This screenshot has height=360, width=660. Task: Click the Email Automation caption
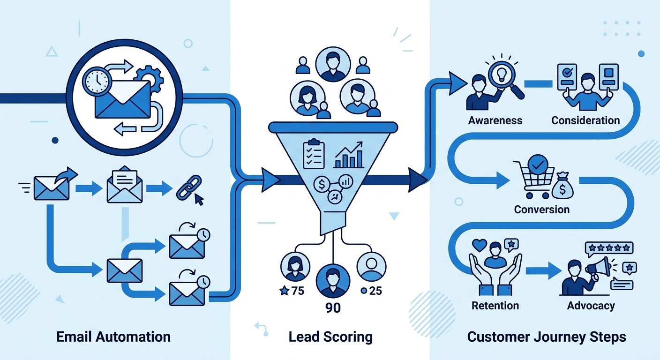(113, 337)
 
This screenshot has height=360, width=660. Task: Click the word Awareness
(495, 120)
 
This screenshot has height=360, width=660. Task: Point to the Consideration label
(585, 120)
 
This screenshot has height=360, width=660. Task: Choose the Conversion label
(542, 210)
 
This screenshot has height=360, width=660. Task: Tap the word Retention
(495, 306)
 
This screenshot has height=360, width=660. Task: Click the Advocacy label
(591, 306)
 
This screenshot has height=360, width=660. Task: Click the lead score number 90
(333, 308)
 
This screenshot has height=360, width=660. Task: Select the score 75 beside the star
(298, 291)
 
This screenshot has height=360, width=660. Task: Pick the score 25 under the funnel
(375, 291)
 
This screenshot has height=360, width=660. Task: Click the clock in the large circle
(97, 81)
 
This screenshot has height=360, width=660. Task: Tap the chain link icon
(188, 188)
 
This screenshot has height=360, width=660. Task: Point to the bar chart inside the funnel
(349, 155)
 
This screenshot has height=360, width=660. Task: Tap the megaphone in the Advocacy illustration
(598, 268)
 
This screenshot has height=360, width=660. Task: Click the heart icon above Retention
(480, 245)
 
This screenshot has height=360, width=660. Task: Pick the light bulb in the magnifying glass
(502, 73)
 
